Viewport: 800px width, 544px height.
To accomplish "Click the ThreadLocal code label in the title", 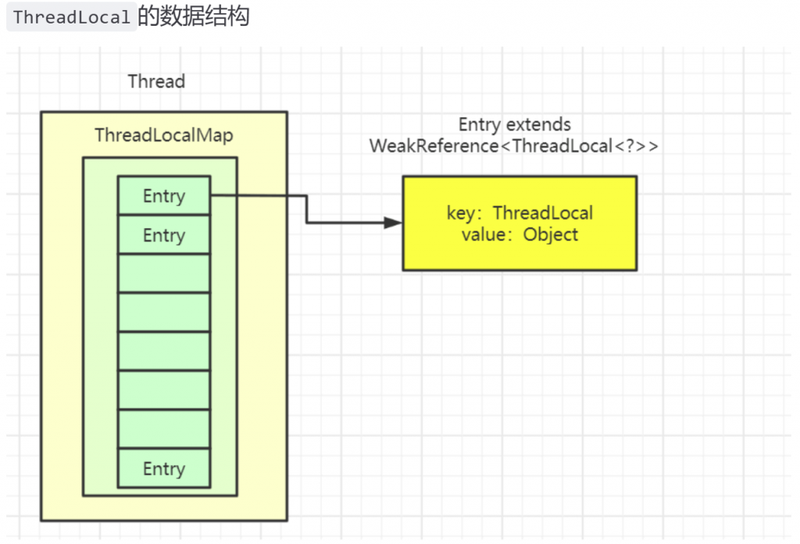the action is [x=71, y=17].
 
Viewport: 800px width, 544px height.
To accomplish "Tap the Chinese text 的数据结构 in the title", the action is [x=194, y=16].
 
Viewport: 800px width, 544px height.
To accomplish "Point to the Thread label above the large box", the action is [x=156, y=81].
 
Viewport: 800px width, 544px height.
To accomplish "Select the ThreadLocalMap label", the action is [x=164, y=135].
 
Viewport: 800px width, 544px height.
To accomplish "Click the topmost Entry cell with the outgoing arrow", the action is [x=164, y=195].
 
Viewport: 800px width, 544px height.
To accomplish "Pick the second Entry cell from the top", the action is [x=164, y=234].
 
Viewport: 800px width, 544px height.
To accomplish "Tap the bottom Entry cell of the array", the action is [x=164, y=468].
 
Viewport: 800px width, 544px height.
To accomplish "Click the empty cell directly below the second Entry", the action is [x=164, y=273].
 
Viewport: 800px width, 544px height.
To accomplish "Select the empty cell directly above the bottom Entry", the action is [x=164, y=429].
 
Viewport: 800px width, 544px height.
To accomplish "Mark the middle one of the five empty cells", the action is [x=164, y=351].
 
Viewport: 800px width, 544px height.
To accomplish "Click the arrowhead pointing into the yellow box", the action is [x=393, y=223].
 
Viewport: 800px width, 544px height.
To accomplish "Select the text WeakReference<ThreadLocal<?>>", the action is [x=514, y=146].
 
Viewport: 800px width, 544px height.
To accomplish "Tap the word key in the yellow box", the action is [x=461, y=213].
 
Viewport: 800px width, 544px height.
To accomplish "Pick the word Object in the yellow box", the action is [x=551, y=234].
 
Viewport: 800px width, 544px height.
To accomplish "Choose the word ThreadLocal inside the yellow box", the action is [x=543, y=213].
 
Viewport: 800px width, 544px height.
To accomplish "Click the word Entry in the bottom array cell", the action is [x=164, y=469].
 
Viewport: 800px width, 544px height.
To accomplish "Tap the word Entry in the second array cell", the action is [x=164, y=235].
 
